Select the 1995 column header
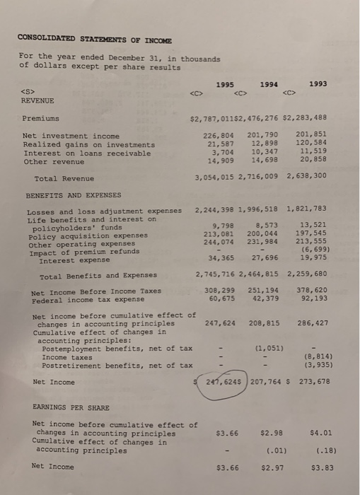pos(226,84)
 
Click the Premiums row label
pos(41,119)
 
